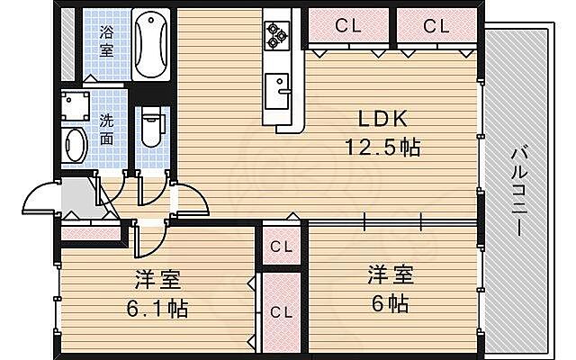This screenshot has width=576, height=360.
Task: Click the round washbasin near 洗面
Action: pyautogui.click(x=75, y=143)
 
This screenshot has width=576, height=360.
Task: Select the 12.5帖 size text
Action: pyautogui.click(x=384, y=146)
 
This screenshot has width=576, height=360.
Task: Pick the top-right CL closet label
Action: pyautogui.click(x=436, y=27)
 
